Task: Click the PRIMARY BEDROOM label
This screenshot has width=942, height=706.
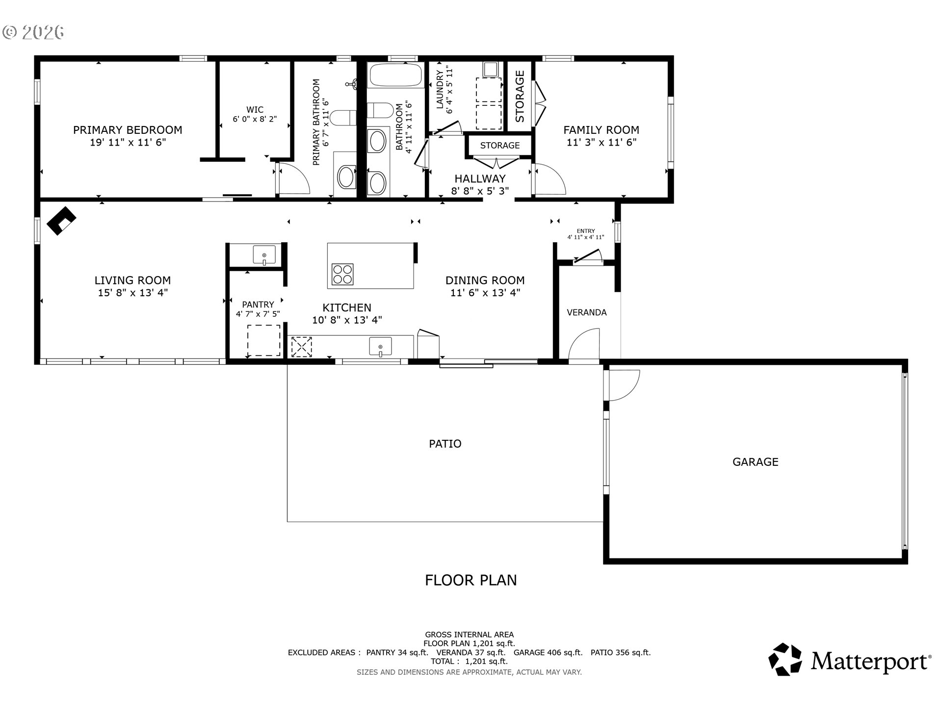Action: point(128,130)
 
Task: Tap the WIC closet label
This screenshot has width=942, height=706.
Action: point(255,110)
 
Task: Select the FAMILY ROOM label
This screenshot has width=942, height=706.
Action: point(601,130)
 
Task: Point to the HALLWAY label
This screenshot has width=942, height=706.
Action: point(480,179)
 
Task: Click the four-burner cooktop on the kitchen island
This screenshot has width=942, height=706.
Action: point(342,274)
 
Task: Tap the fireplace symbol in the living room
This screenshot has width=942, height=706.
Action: point(61,221)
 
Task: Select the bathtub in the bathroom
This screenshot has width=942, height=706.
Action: point(395,75)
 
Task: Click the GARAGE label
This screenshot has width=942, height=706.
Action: point(755,462)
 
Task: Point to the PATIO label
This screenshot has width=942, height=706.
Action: point(445,444)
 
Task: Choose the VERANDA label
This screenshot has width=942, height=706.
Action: point(586,312)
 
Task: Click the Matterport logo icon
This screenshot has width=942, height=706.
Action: point(785,659)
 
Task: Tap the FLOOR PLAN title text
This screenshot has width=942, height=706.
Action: point(471,580)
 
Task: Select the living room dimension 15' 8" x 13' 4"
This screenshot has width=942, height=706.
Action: point(132,293)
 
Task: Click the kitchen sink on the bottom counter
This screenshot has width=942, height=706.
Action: point(380,347)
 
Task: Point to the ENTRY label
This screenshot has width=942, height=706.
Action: point(586,231)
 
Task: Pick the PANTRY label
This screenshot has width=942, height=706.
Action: point(258,304)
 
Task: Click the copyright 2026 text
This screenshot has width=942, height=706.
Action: point(33,32)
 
